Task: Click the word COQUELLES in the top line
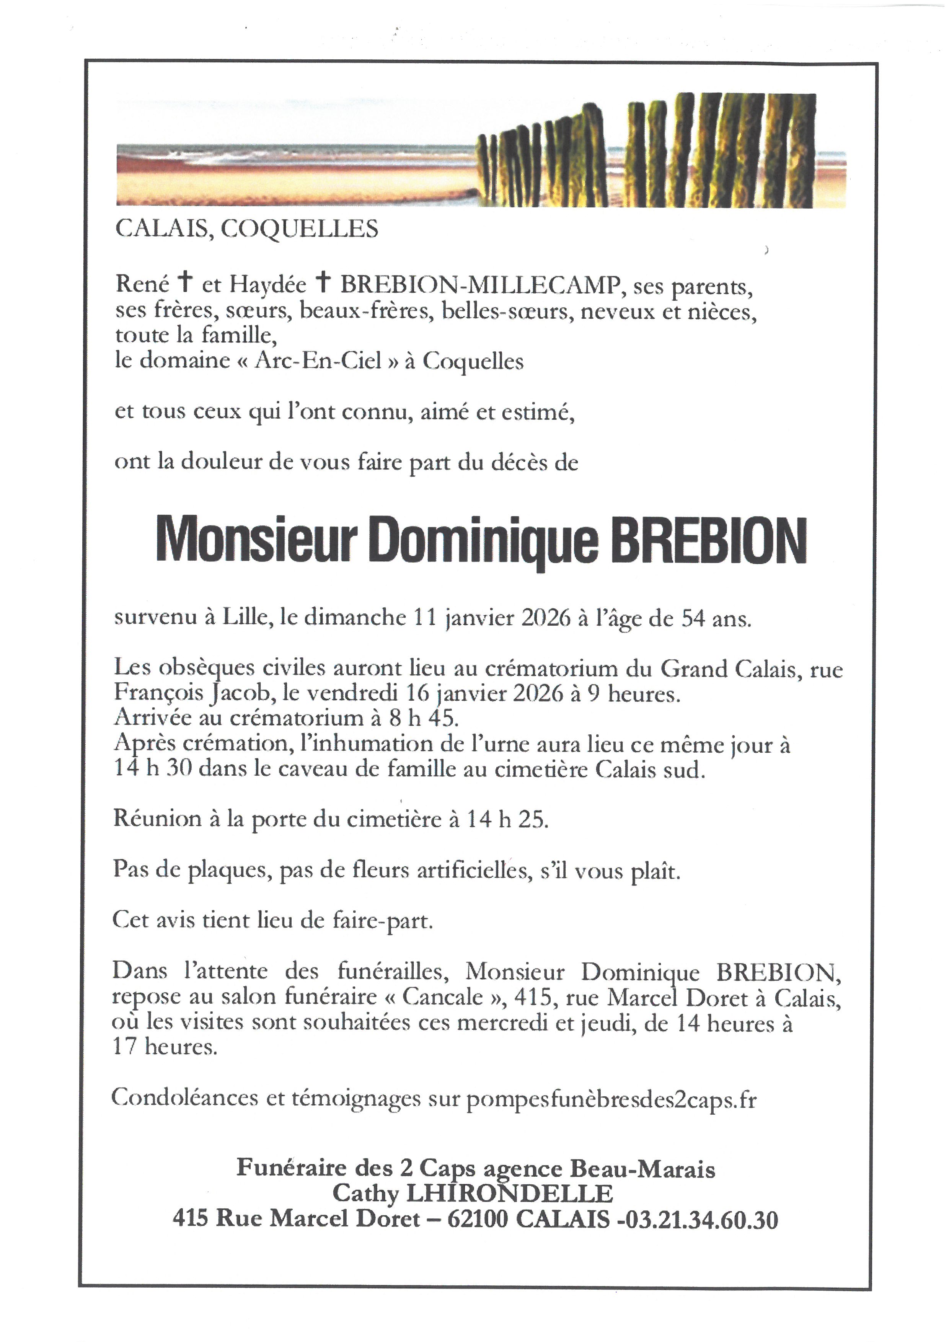tap(299, 228)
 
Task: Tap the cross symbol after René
tap(185, 282)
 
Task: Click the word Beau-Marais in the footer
tap(642, 1168)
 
